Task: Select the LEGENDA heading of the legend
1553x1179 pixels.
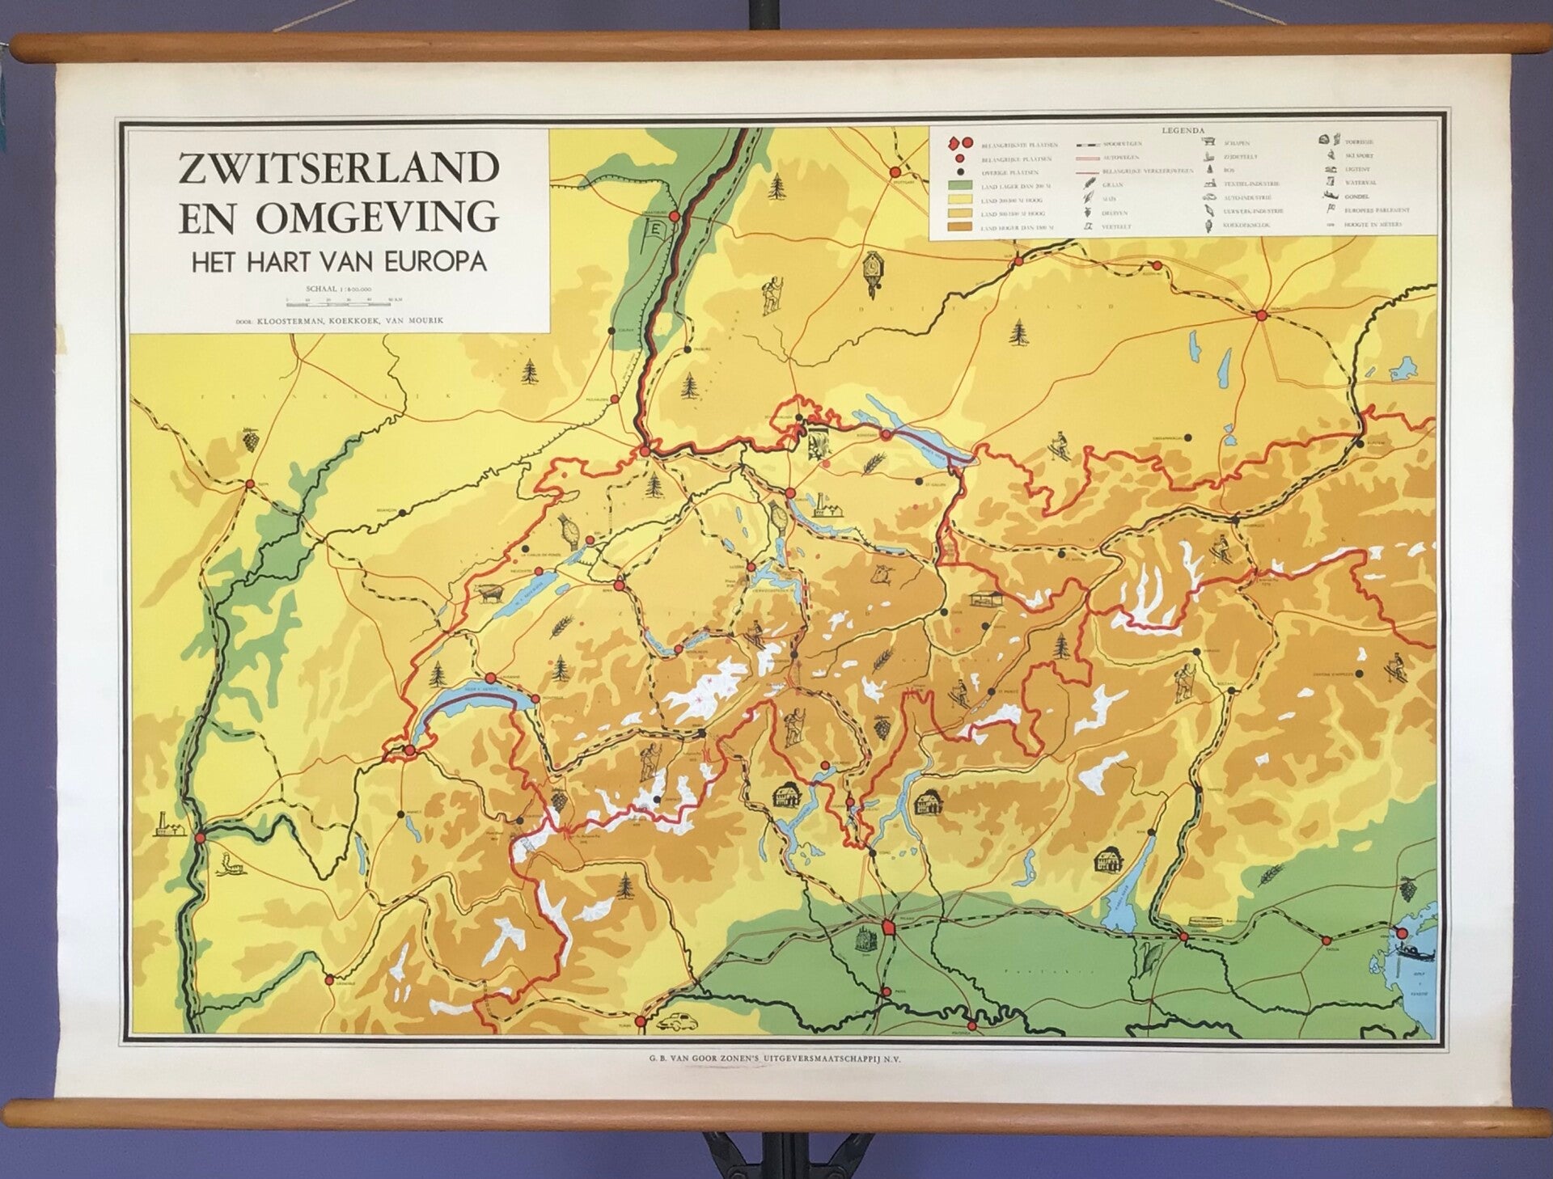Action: pyautogui.click(x=1183, y=130)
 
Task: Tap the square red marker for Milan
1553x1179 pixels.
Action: pyautogui.click(x=888, y=928)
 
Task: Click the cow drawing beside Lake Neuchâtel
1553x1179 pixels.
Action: pyautogui.click(x=489, y=592)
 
